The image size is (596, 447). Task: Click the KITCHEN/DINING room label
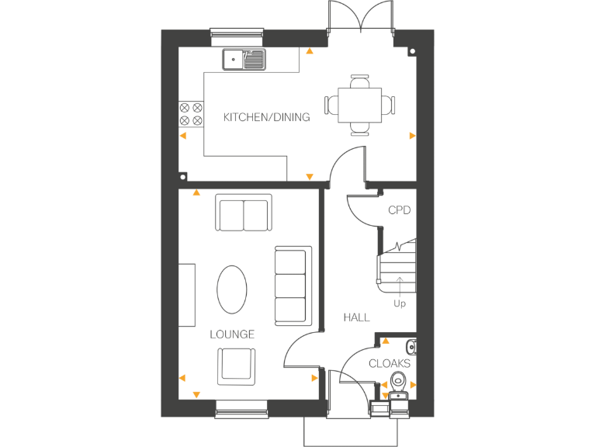coord(266,118)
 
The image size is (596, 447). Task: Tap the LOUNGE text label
coord(232,334)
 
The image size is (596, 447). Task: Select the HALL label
coord(357,317)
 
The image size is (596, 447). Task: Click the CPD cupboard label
coord(399,210)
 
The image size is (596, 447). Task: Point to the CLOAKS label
coord(390,363)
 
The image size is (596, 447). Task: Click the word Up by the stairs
coord(400,303)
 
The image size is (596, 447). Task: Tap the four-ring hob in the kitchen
coord(191,115)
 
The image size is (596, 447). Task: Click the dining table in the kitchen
coord(359,104)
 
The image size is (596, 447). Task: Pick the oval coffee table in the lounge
coord(232,289)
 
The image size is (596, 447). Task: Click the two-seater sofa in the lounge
coord(244,214)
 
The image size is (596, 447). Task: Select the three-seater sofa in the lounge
coord(293,285)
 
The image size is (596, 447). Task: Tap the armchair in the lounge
coord(235,366)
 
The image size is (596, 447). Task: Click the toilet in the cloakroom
coord(399,381)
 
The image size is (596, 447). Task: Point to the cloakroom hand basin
coord(412,346)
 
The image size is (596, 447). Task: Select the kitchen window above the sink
coord(237,33)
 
